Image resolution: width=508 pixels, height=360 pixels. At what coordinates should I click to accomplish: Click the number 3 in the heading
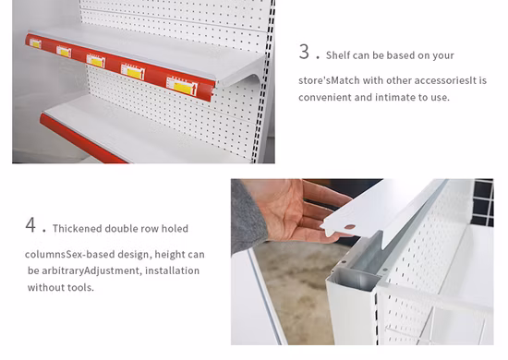click(x=304, y=53)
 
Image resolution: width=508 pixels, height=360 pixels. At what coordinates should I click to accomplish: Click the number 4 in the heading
click(x=30, y=225)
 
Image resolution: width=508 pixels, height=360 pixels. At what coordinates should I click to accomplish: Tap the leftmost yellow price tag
click(x=35, y=43)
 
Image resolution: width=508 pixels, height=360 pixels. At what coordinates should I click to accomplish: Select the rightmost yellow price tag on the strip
click(x=181, y=85)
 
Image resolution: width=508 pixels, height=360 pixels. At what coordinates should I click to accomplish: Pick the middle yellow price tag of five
click(x=95, y=61)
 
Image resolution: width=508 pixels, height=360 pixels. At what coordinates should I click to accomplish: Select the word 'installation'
click(x=171, y=270)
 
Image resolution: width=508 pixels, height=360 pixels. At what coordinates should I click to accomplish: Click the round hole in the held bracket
click(x=350, y=226)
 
